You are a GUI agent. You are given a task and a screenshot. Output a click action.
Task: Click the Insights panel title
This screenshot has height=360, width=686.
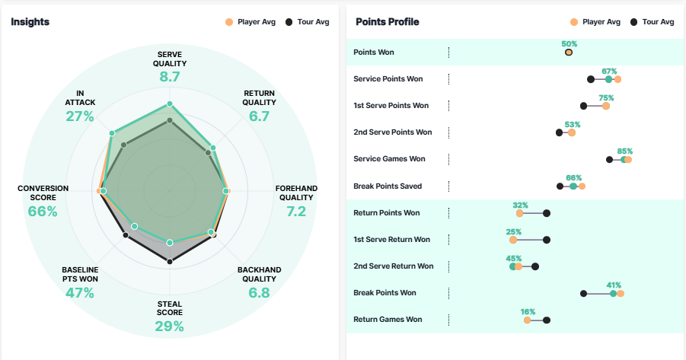click(30, 22)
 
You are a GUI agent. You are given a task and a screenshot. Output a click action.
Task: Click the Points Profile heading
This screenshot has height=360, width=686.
click(387, 22)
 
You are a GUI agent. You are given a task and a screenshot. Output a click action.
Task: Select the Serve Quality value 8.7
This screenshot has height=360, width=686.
click(170, 77)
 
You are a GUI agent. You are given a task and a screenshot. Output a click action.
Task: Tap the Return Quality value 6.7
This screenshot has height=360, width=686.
click(260, 116)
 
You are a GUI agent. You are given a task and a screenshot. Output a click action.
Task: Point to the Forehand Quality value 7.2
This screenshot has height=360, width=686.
click(296, 211)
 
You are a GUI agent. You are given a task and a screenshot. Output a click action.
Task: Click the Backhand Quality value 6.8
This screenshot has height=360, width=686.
click(260, 292)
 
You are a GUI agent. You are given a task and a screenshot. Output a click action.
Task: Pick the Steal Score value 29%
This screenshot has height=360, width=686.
click(170, 327)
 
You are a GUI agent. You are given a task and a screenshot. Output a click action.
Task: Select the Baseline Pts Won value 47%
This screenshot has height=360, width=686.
click(80, 292)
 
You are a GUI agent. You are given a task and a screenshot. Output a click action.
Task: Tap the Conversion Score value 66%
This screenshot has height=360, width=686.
click(43, 211)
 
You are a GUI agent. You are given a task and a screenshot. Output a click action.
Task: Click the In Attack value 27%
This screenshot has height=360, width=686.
click(80, 116)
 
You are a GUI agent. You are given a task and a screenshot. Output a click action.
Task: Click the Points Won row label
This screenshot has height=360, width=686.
click(374, 53)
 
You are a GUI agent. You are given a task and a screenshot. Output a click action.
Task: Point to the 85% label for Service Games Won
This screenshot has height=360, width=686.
click(625, 151)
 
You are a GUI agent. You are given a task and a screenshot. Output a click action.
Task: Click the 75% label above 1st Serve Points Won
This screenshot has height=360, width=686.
click(606, 97)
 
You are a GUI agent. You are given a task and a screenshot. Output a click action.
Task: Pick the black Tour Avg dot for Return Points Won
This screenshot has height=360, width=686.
click(547, 213)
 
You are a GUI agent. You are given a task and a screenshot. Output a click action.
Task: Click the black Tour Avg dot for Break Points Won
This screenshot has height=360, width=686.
click(583, 293)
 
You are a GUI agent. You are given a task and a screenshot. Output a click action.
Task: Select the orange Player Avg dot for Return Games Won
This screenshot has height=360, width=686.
click(527, 320)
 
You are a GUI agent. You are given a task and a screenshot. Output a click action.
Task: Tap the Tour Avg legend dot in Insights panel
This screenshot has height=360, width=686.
click(289, 22)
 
